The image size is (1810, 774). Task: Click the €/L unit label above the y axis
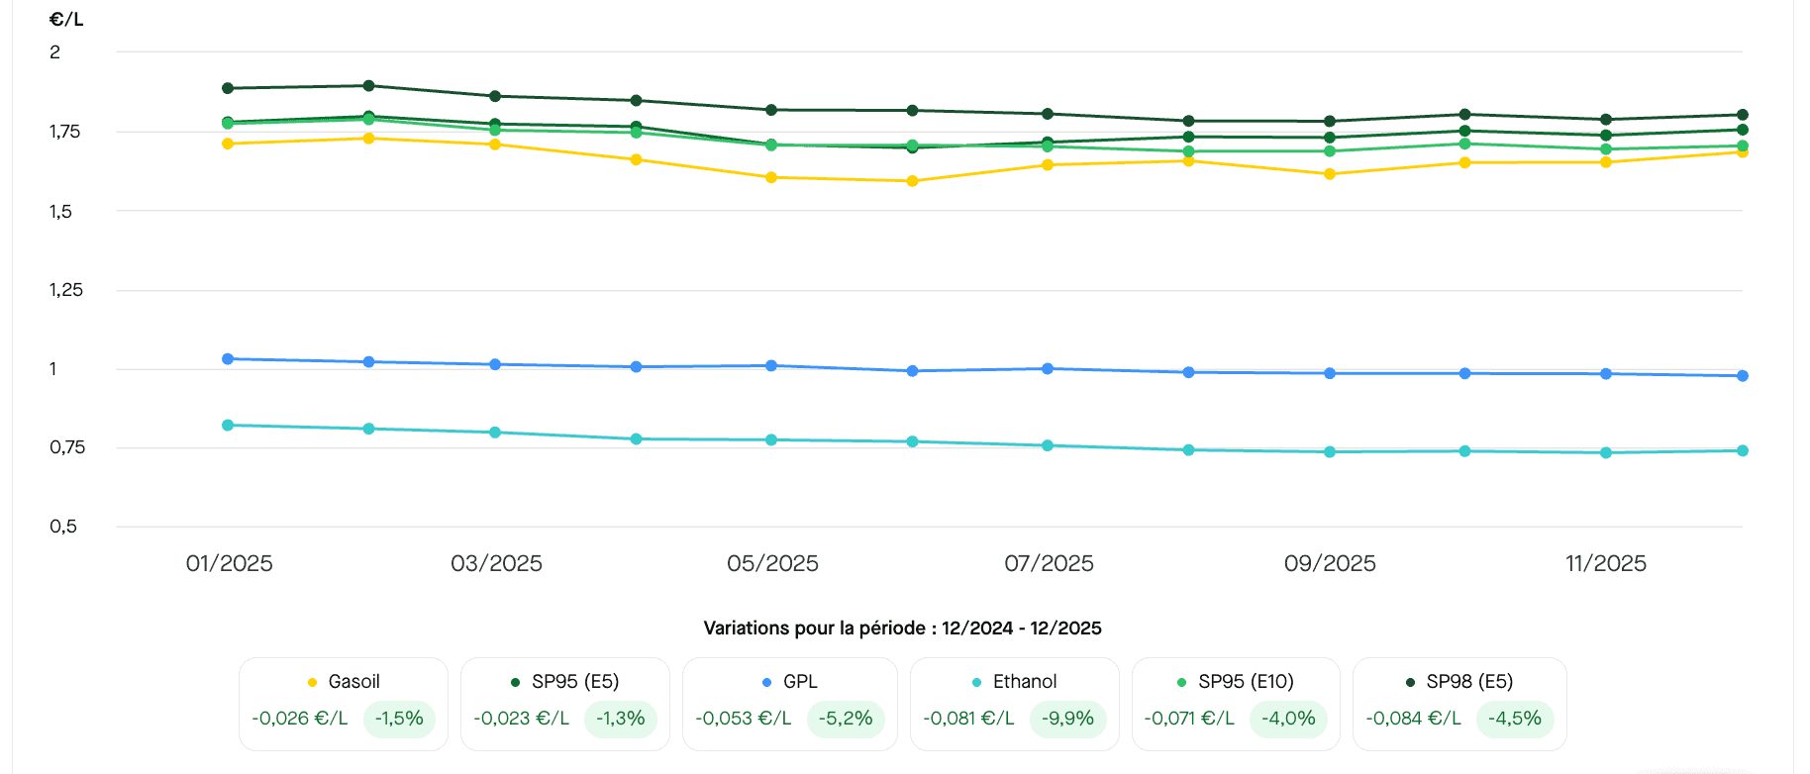tap(66, 20)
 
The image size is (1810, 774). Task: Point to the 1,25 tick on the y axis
tap(66, 290)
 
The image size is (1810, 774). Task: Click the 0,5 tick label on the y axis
tap(63, 527)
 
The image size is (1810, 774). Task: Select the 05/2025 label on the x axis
tap(772, 563)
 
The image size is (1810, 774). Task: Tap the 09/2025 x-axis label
tap(1330, 563)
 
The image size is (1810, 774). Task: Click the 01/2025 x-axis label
tap(229, 563)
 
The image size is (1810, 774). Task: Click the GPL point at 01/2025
tap(228, 359)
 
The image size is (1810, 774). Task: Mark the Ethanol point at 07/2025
tap(1048, 445)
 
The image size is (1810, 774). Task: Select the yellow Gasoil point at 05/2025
tap(771, 178)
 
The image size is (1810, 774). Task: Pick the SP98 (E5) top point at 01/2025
tap(228, 88)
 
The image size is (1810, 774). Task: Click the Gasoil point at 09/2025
tap(1330, 174)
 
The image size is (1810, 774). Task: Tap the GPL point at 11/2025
tap(1606, 374)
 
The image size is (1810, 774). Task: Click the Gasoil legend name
tap(353, 682)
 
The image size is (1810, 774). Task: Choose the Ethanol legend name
tap(1025, 682)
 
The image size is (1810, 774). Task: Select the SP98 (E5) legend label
tap(1469, 682)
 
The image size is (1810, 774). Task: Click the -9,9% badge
tap(1067, 719)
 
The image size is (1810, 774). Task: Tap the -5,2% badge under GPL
tap(846, 719)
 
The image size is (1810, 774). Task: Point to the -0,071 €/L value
tap(1189, 719)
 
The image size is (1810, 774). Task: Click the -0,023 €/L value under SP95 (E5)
tap(521, 719)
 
